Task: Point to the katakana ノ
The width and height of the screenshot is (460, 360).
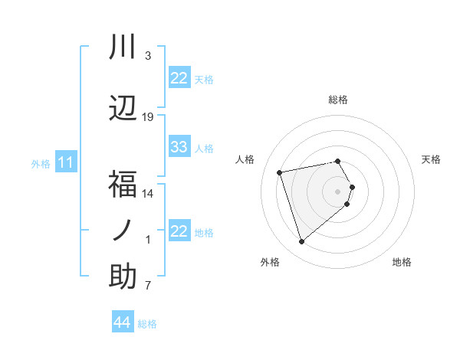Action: (123, 231)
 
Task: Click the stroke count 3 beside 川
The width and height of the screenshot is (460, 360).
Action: (148, 56)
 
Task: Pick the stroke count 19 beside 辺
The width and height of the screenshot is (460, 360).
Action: (148, 117)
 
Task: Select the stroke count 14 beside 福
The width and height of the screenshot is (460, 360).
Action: (148, 194)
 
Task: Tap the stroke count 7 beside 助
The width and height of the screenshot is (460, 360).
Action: (148, 286)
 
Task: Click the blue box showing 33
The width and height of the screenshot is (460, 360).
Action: (179, 147)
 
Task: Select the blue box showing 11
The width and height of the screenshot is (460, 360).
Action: (66, 162)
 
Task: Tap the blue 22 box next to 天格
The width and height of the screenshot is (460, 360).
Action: (179, 78)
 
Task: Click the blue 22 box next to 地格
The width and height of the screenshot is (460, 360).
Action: (179, 231)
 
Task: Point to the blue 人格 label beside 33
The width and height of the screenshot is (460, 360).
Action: (204, 148)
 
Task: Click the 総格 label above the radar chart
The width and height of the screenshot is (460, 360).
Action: (338, 100)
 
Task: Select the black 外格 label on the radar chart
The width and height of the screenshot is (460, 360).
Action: (269, 262)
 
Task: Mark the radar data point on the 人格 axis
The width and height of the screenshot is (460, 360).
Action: (280, 172)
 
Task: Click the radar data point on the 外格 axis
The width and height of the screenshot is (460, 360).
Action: (301, 242)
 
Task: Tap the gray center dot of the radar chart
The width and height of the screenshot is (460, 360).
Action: (338, 191)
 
